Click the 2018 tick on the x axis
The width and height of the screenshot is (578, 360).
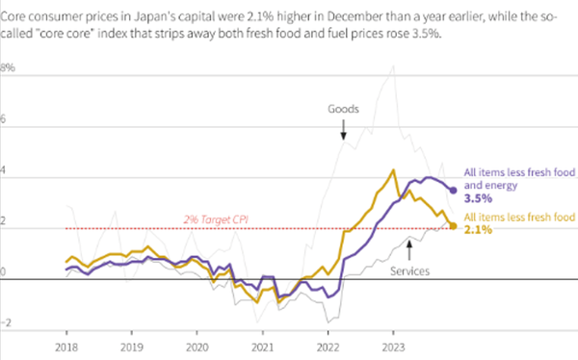pyautogui.click(x=66, y=345)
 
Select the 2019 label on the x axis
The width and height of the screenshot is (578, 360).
pyautogui.click(x=131, y=345)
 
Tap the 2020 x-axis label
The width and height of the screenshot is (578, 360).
pyautogui.click(x=197, y=345)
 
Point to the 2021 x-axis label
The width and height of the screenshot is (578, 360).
pyautogui.click(x=262, y=345)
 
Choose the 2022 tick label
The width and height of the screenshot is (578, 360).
pyautogui.click(x=328, y=345)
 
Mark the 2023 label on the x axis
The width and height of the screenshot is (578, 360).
pyautogui.click(x=393, y=345)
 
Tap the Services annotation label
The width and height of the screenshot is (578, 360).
pyautogui.click(x=410, y=271)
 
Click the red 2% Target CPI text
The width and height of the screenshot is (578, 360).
pyautogui.click(x=216, y=220)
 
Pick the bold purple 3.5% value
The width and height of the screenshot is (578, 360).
pyautogui.click(x=478, y=197)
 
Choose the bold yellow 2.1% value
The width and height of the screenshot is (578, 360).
pyautogui.click(x=478, y=230)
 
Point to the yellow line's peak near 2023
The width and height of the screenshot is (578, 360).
pyautogui.click(x=393, y=170)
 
